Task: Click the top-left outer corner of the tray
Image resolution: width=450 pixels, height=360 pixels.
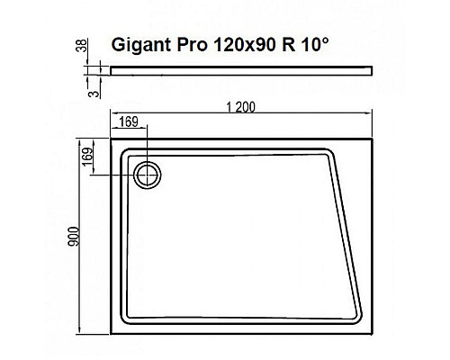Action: [x=111, y=138]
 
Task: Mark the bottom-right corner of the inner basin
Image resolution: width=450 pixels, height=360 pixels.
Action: [x=364, y=321]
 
